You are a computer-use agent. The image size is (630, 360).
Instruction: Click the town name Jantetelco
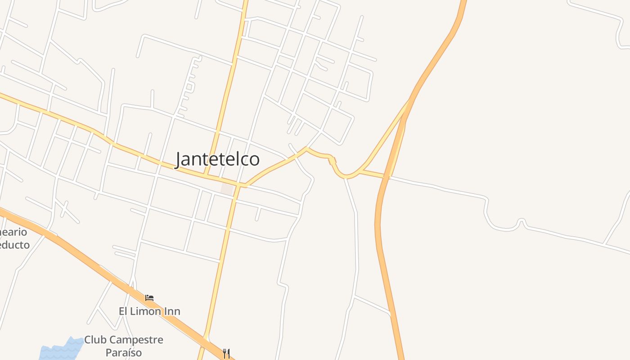click(217, 159)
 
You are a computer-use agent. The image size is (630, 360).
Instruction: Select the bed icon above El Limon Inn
click(149, 298)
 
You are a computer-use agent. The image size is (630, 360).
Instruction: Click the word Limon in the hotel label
click(147, 311)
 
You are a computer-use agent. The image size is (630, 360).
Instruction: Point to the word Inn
click(172, 311)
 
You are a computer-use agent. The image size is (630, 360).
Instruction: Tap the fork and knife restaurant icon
click(226, 353)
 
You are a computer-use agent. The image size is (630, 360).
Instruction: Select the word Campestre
click(136, 340)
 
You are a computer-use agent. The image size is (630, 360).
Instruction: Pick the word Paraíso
click(124, 352)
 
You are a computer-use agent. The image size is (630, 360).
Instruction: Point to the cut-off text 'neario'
click(14, 233)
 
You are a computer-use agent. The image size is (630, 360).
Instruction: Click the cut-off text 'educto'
click(15, 245)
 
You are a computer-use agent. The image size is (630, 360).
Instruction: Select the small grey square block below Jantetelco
click(227, 189)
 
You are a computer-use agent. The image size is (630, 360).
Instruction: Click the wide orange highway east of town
click(380, 225)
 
